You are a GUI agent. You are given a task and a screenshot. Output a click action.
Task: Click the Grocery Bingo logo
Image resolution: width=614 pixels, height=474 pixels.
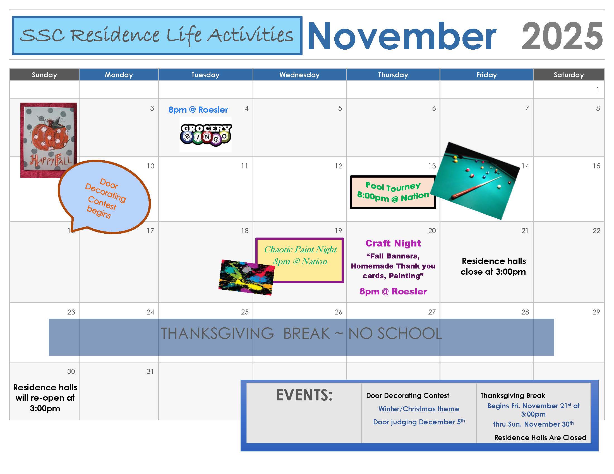point(205,134)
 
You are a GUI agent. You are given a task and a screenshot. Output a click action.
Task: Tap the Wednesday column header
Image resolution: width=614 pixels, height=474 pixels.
point(299,75)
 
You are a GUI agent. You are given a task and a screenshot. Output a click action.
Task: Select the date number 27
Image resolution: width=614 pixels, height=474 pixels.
point(432,312)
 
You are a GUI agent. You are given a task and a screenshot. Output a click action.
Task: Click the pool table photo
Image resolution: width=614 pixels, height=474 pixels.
point(475,181)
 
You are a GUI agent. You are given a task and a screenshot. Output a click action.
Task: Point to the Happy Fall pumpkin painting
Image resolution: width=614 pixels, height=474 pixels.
point(48,140)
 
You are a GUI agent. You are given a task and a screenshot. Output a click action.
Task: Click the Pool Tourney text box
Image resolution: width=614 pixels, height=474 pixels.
point(393,192)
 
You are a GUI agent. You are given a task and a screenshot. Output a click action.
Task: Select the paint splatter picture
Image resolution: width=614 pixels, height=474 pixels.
point(246,277)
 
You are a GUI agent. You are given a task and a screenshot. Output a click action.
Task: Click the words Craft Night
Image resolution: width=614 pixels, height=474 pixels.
point(393,243)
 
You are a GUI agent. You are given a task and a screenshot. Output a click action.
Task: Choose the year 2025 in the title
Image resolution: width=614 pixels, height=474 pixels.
point(562,37)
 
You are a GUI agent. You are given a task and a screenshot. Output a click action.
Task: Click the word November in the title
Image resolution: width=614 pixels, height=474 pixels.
point(402,37)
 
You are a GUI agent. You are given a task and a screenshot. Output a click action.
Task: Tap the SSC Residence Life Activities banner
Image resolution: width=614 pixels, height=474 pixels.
point(157,35)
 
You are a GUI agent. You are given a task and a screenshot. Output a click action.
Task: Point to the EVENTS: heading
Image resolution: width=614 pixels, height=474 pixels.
point(304,395)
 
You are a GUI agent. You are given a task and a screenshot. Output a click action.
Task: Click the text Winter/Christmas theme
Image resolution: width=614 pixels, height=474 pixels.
point(419,409)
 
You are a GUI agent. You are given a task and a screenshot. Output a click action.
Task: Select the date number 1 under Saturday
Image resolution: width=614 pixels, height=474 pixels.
point(598,90)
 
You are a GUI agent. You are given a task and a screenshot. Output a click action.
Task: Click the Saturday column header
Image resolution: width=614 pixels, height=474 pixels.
point(569,75)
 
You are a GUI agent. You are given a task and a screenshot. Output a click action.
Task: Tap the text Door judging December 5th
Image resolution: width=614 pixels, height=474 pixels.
point(419,422)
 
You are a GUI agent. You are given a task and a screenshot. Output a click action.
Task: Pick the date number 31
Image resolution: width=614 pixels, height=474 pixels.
point(150,371)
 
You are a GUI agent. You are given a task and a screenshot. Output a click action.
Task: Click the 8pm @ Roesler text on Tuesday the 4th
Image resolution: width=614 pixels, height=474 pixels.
point(198,110)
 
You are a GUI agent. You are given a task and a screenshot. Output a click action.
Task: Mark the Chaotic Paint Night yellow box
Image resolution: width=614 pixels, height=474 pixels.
point(300,260)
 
